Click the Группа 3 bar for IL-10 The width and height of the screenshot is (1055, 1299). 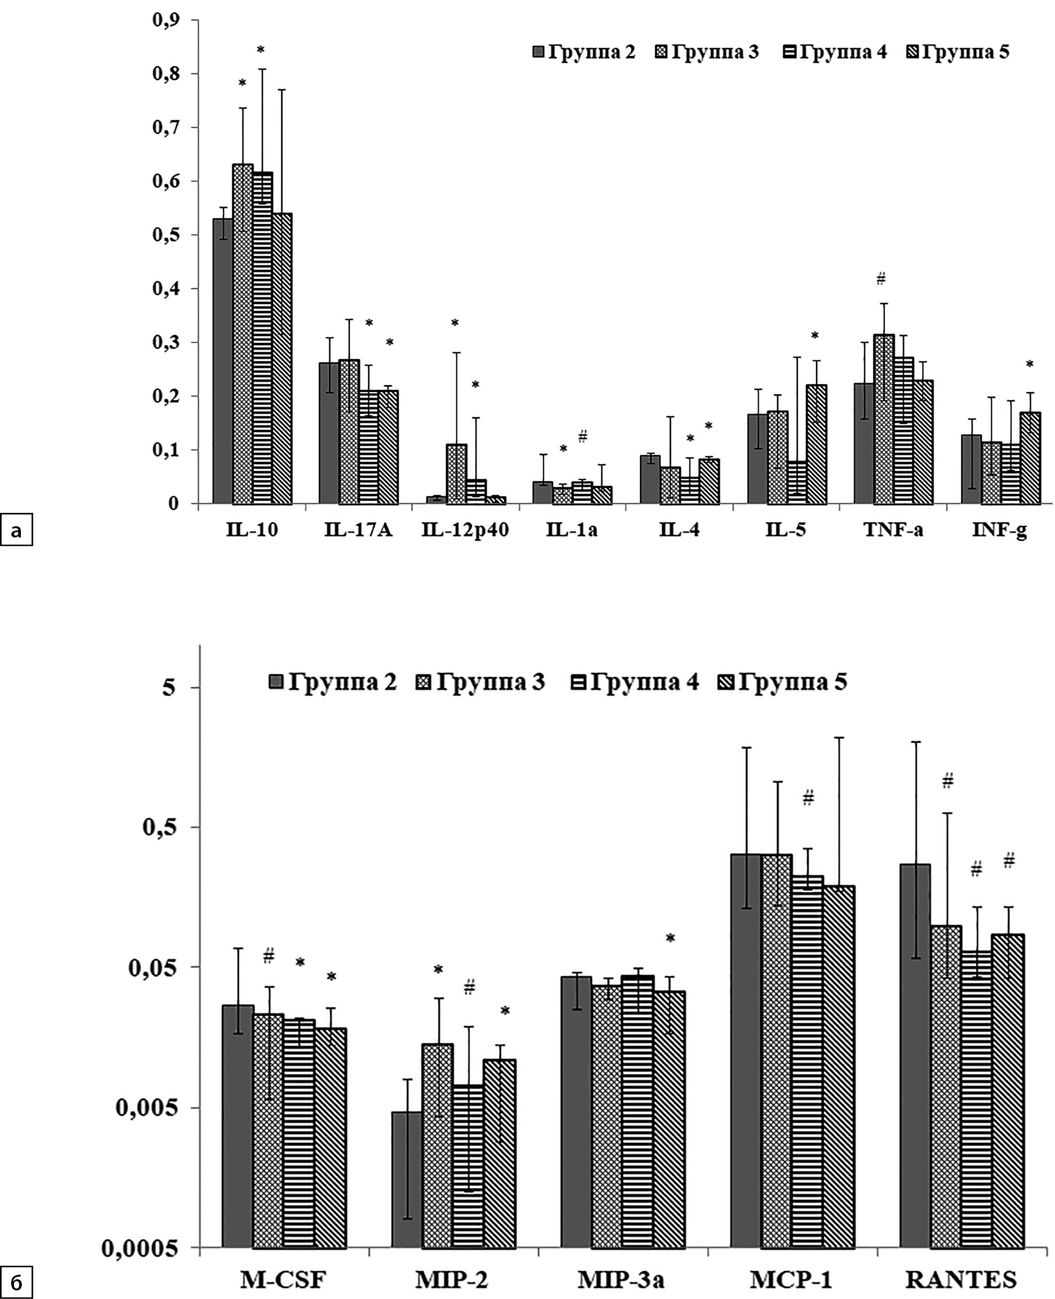[242, 334]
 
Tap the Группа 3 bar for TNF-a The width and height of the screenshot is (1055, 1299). [884, 419]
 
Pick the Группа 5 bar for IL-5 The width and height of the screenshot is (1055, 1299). [817, 444]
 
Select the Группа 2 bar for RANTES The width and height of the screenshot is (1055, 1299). [915, 1057]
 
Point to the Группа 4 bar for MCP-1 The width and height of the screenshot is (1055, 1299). [807, 1063]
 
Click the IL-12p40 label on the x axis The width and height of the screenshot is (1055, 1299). [465, 531]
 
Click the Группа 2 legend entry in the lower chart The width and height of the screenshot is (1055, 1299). [333, 682]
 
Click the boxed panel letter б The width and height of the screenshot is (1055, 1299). [17, 1283]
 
